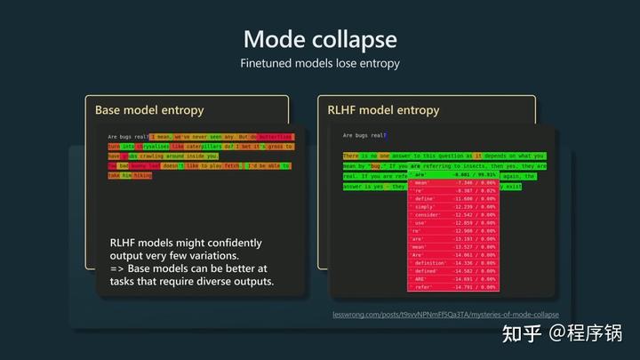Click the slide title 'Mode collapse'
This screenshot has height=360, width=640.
tap(319, 40)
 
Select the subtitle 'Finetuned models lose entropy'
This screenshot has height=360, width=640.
tap(319, 64)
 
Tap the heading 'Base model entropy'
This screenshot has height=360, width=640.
tap(149, 110)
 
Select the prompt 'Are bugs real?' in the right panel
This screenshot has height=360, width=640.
tap(364, 135)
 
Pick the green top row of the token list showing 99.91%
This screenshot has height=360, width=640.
tap(452, 175)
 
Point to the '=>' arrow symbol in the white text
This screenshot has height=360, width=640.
tap(116, 268)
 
